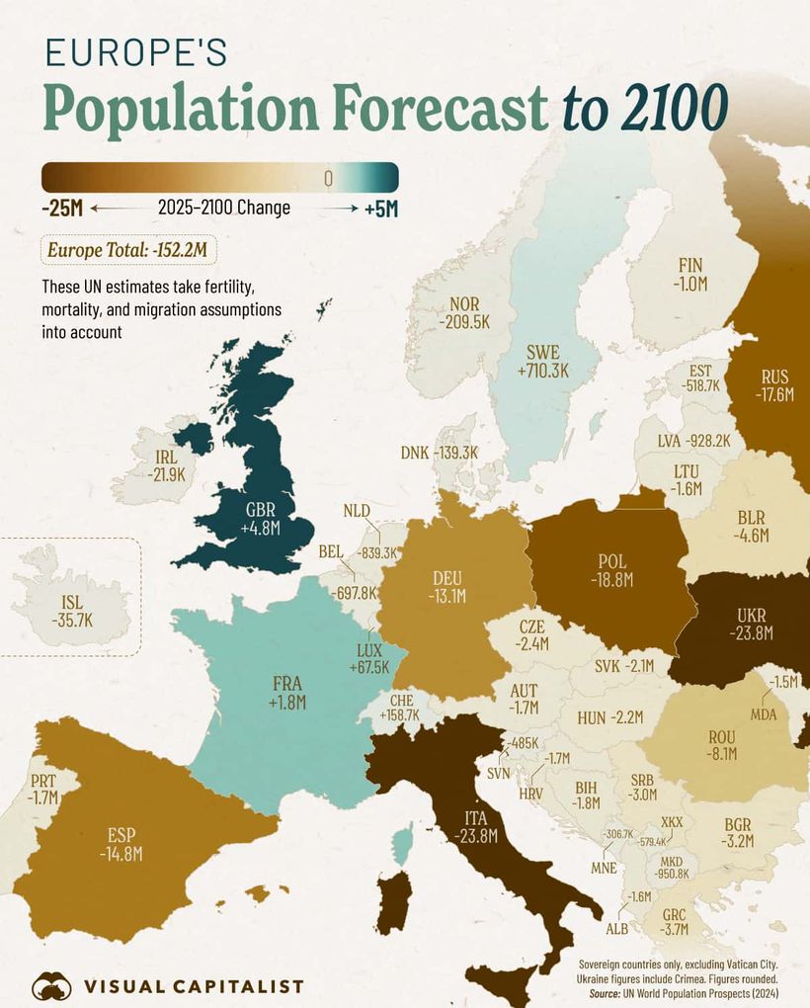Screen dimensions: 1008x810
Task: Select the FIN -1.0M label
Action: [689, 274]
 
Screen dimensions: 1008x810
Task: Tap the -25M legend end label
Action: [63, 209]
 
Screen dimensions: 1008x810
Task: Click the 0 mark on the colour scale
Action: [328, 178]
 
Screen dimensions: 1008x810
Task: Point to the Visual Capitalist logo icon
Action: [51, 985]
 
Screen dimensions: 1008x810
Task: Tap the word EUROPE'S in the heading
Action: [136, 52]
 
